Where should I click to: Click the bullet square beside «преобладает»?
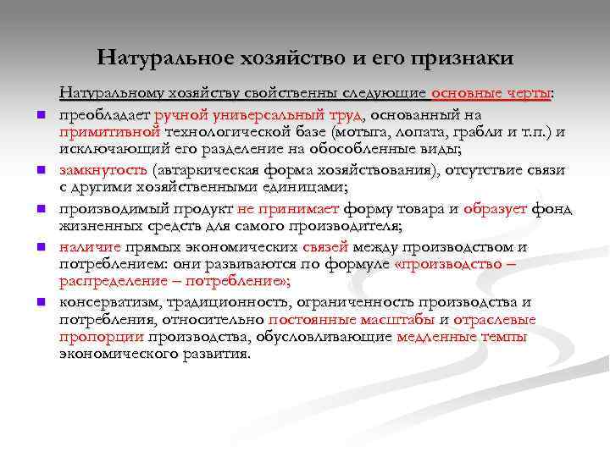pos(39,117)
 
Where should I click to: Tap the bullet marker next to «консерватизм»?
pos(39,303)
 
